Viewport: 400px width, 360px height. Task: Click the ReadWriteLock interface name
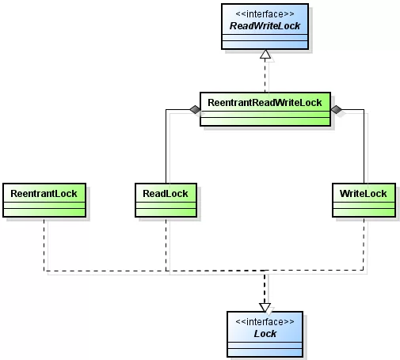tap(265, 26)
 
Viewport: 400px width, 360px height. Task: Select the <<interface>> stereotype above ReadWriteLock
tap(265, 13)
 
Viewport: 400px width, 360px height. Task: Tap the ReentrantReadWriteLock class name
tap(264, 104)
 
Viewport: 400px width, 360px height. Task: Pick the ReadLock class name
tap(165, 193)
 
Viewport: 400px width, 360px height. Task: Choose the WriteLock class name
tap(363, 193)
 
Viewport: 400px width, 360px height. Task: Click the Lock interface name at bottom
tap(265, 333)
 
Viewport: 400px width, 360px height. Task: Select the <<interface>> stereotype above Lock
tap(265, 321)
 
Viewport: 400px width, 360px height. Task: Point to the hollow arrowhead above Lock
tap(265, 306)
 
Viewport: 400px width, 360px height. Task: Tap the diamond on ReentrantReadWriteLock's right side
tap(336, 110)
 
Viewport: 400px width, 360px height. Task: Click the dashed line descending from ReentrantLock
tap(45, 245)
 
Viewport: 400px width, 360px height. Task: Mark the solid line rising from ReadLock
tap(165, 150)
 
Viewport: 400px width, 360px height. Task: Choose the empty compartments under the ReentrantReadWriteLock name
tap(264, 118)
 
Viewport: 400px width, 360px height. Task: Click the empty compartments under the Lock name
tap(265, 348)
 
